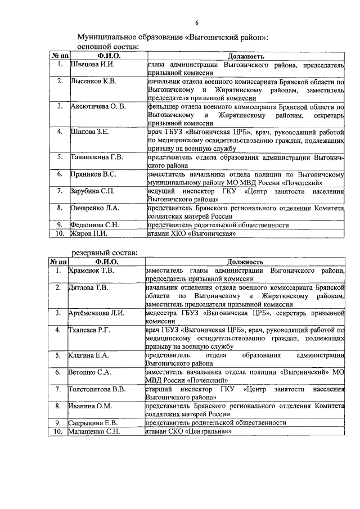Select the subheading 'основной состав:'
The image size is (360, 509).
pos(108,47)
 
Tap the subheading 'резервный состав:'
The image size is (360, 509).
pos(107,252)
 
